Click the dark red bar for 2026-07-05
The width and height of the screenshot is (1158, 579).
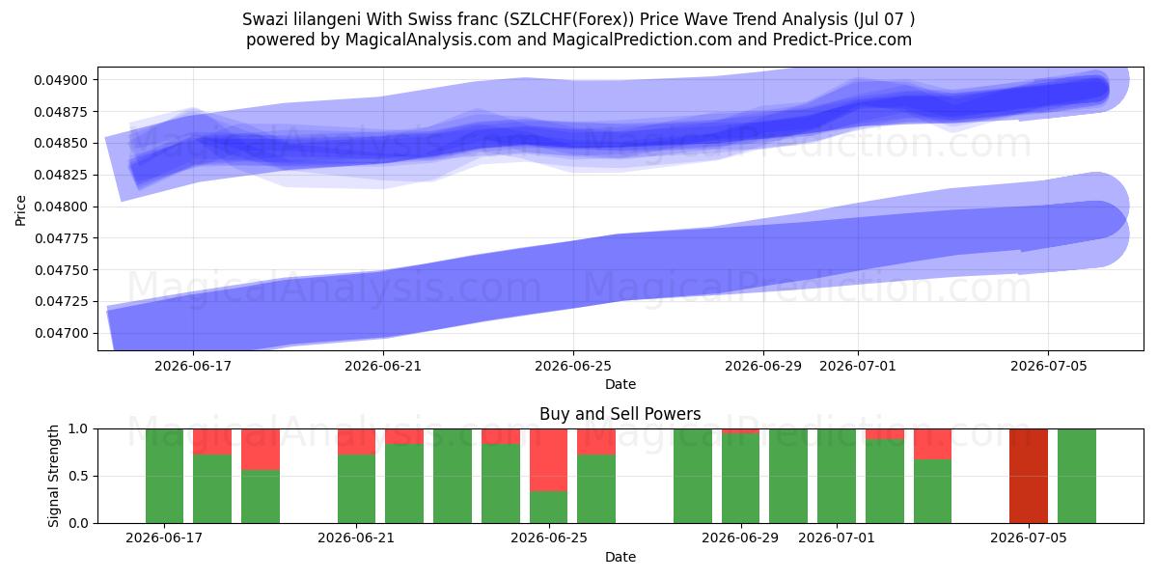(x=1029, y=476)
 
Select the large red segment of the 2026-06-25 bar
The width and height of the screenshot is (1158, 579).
(x=548, y=459)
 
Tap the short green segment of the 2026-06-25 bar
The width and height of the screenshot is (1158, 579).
(x=548, y=507)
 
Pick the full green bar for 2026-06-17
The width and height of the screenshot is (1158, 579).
(x=164, y=476)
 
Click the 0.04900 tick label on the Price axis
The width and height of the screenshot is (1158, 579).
(x=61, y=80)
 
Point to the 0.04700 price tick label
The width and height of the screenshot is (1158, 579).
(x=61, y=333)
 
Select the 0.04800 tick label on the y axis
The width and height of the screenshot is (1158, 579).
(x=61, y=207)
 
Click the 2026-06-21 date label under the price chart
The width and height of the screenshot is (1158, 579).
(x=383, y=366)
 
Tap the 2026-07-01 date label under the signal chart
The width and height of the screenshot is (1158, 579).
(x=837, y=538)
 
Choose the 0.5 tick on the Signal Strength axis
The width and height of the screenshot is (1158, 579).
(x=78, y=476)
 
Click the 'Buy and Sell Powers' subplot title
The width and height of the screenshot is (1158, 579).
(x=620, y=414)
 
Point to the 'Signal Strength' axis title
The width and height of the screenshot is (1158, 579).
(x=53, y=476)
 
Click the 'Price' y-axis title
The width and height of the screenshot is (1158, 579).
(x=20, y=210)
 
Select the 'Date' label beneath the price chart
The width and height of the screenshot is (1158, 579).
(x=620, y=384)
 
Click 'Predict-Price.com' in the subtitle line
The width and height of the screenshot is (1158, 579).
(x=842, y=40)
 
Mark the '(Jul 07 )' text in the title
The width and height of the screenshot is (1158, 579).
(x=885, y=19)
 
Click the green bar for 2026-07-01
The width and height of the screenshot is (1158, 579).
(x=837, y=476)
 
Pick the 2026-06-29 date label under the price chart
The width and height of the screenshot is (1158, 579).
(x=763, y=366)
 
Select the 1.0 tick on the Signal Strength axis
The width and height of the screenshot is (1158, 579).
(x=78, y=429)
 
